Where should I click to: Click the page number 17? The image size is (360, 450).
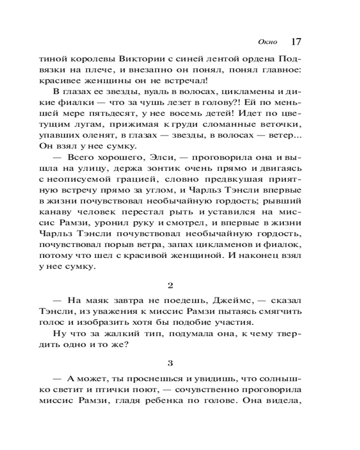tap(296, 42)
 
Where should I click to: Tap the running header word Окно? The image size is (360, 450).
tap(268, 43)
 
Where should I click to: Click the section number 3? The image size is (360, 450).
tap(170, 362)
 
